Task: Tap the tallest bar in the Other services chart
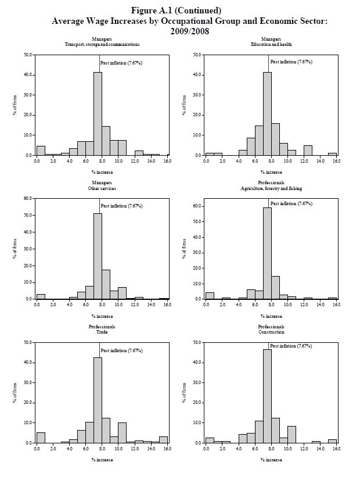[98, 256]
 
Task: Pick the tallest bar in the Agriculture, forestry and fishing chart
[267, 253]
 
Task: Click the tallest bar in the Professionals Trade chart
[98, 400]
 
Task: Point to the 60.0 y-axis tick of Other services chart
[28, 198]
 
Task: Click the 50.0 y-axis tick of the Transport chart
[28, 55]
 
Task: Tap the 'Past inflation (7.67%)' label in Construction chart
[291, 346]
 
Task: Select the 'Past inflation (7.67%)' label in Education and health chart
[291, 62]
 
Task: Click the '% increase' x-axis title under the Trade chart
[102, 460]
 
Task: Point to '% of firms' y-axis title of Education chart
[185, 105]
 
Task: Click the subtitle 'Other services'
[102, 188]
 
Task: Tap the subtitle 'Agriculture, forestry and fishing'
[271, 188]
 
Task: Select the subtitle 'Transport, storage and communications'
[102, 44]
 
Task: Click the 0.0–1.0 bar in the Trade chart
[41, 438]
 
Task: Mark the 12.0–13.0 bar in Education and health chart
[308, 151]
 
